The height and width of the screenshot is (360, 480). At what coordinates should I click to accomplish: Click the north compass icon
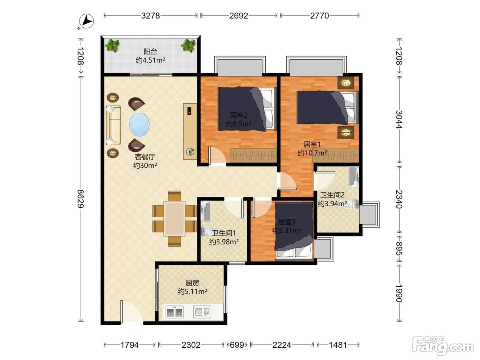click(86, 21)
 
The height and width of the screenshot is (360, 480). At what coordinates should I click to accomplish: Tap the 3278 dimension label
click(151, 16)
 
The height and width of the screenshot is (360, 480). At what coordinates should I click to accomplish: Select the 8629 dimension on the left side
click(81, 199)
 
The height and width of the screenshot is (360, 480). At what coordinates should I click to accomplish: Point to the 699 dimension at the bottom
click(237, 345)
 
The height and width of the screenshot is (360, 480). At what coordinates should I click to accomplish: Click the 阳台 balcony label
click(150, 51)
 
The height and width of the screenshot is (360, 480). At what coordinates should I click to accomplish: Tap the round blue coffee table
click(139, 124)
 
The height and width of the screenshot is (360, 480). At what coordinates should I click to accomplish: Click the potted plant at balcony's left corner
click(113, 45)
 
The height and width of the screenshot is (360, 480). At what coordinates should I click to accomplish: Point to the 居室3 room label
click(287, 222)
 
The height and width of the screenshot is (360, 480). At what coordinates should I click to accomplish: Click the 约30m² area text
click(145, 166)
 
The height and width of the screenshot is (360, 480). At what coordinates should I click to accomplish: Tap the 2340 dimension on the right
click(399, 199)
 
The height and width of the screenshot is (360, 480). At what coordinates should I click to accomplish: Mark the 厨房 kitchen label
click(192, 283)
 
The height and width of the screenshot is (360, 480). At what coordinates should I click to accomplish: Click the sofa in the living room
click(113, 125)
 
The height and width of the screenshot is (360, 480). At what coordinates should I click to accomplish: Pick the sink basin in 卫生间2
click(353, 177)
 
